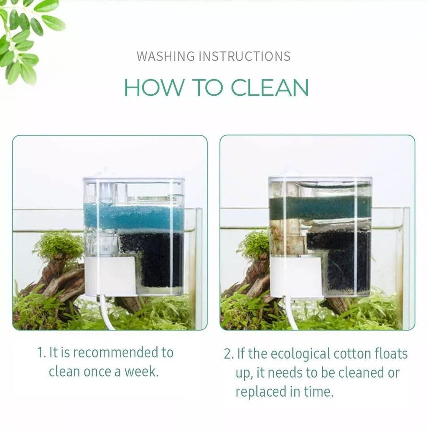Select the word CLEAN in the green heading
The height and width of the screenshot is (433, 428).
click(269, 87)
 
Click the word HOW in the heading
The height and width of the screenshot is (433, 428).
click(153, 87)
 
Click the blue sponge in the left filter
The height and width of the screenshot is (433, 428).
click(134, 216)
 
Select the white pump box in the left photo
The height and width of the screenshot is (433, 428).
click(110, 276)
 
